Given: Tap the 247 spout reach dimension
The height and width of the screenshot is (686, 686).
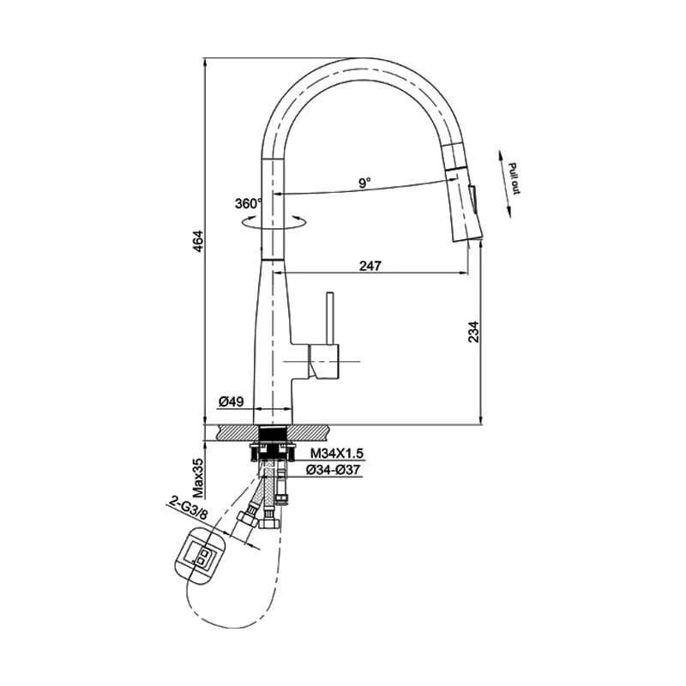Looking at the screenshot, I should [x=370, y=266].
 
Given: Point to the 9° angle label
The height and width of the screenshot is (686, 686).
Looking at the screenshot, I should [x=364, y=183].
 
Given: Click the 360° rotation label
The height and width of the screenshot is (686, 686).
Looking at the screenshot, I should [x=248, y=204].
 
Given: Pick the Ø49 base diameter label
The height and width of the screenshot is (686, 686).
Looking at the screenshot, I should [x=232, y=401].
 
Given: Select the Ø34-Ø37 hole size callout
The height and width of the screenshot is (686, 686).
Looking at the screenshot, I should [x=334, y=470].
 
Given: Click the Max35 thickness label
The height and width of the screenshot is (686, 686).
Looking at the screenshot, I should [x=198, y=478].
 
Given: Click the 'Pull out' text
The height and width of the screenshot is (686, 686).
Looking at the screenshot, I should [x=514, y=178].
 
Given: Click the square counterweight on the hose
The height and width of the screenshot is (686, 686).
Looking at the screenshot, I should [x=202, y=558].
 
